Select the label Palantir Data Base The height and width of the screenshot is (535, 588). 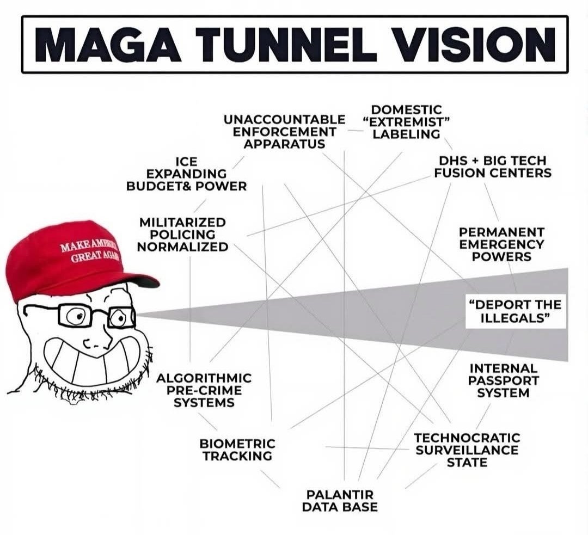[340, 501]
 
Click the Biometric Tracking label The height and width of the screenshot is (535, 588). [237, 450]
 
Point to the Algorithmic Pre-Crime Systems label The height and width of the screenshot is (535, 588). [204, 390]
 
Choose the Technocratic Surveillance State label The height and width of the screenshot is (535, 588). [467, 450]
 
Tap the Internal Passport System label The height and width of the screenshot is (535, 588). [503, 380]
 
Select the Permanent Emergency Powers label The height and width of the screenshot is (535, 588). [501, 244]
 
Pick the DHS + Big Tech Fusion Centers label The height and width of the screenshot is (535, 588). [495, 167]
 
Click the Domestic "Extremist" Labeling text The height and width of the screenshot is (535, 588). [406, 122]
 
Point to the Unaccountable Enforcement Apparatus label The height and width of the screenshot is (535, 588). [284, 131]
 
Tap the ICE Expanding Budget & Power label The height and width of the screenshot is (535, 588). [186, 174]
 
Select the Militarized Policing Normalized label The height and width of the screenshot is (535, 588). [182, 235]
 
